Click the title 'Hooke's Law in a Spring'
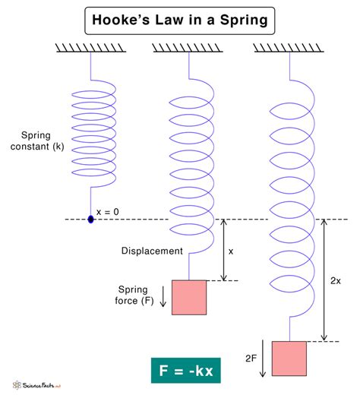(x=179, y=21)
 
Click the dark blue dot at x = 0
(x=91, y=220)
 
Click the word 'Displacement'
(x=152, y=251)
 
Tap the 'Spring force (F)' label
(x=137, y=295)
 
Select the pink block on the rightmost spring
(x=289, y=359)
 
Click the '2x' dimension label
(x=336, y=280)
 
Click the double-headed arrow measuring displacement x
(x=223, y=250)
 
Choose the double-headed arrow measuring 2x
(x=324, y=280)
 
